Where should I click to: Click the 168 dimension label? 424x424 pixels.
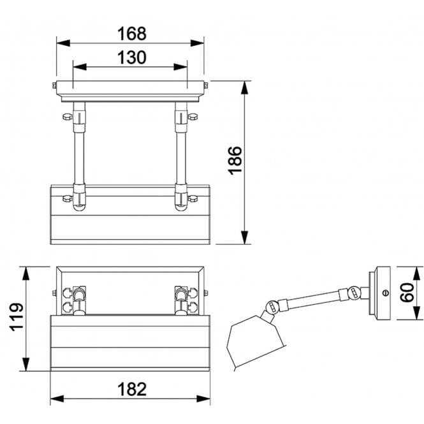tap(132, 34)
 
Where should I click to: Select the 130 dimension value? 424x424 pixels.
tap(132, 57)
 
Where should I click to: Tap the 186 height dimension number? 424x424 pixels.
tap(235, 161)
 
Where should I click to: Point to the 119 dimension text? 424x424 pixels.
tap(17, 317)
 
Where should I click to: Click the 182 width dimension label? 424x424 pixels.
tap(132, 389)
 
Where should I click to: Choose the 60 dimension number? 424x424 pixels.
tap(407, 292)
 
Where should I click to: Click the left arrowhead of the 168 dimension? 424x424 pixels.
tap(63, 43)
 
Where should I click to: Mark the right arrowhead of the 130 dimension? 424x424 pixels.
tap(180, 67)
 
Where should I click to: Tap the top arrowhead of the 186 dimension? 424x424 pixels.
tap(244, 87)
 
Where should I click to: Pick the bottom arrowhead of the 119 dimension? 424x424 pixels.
tap(26, 364)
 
